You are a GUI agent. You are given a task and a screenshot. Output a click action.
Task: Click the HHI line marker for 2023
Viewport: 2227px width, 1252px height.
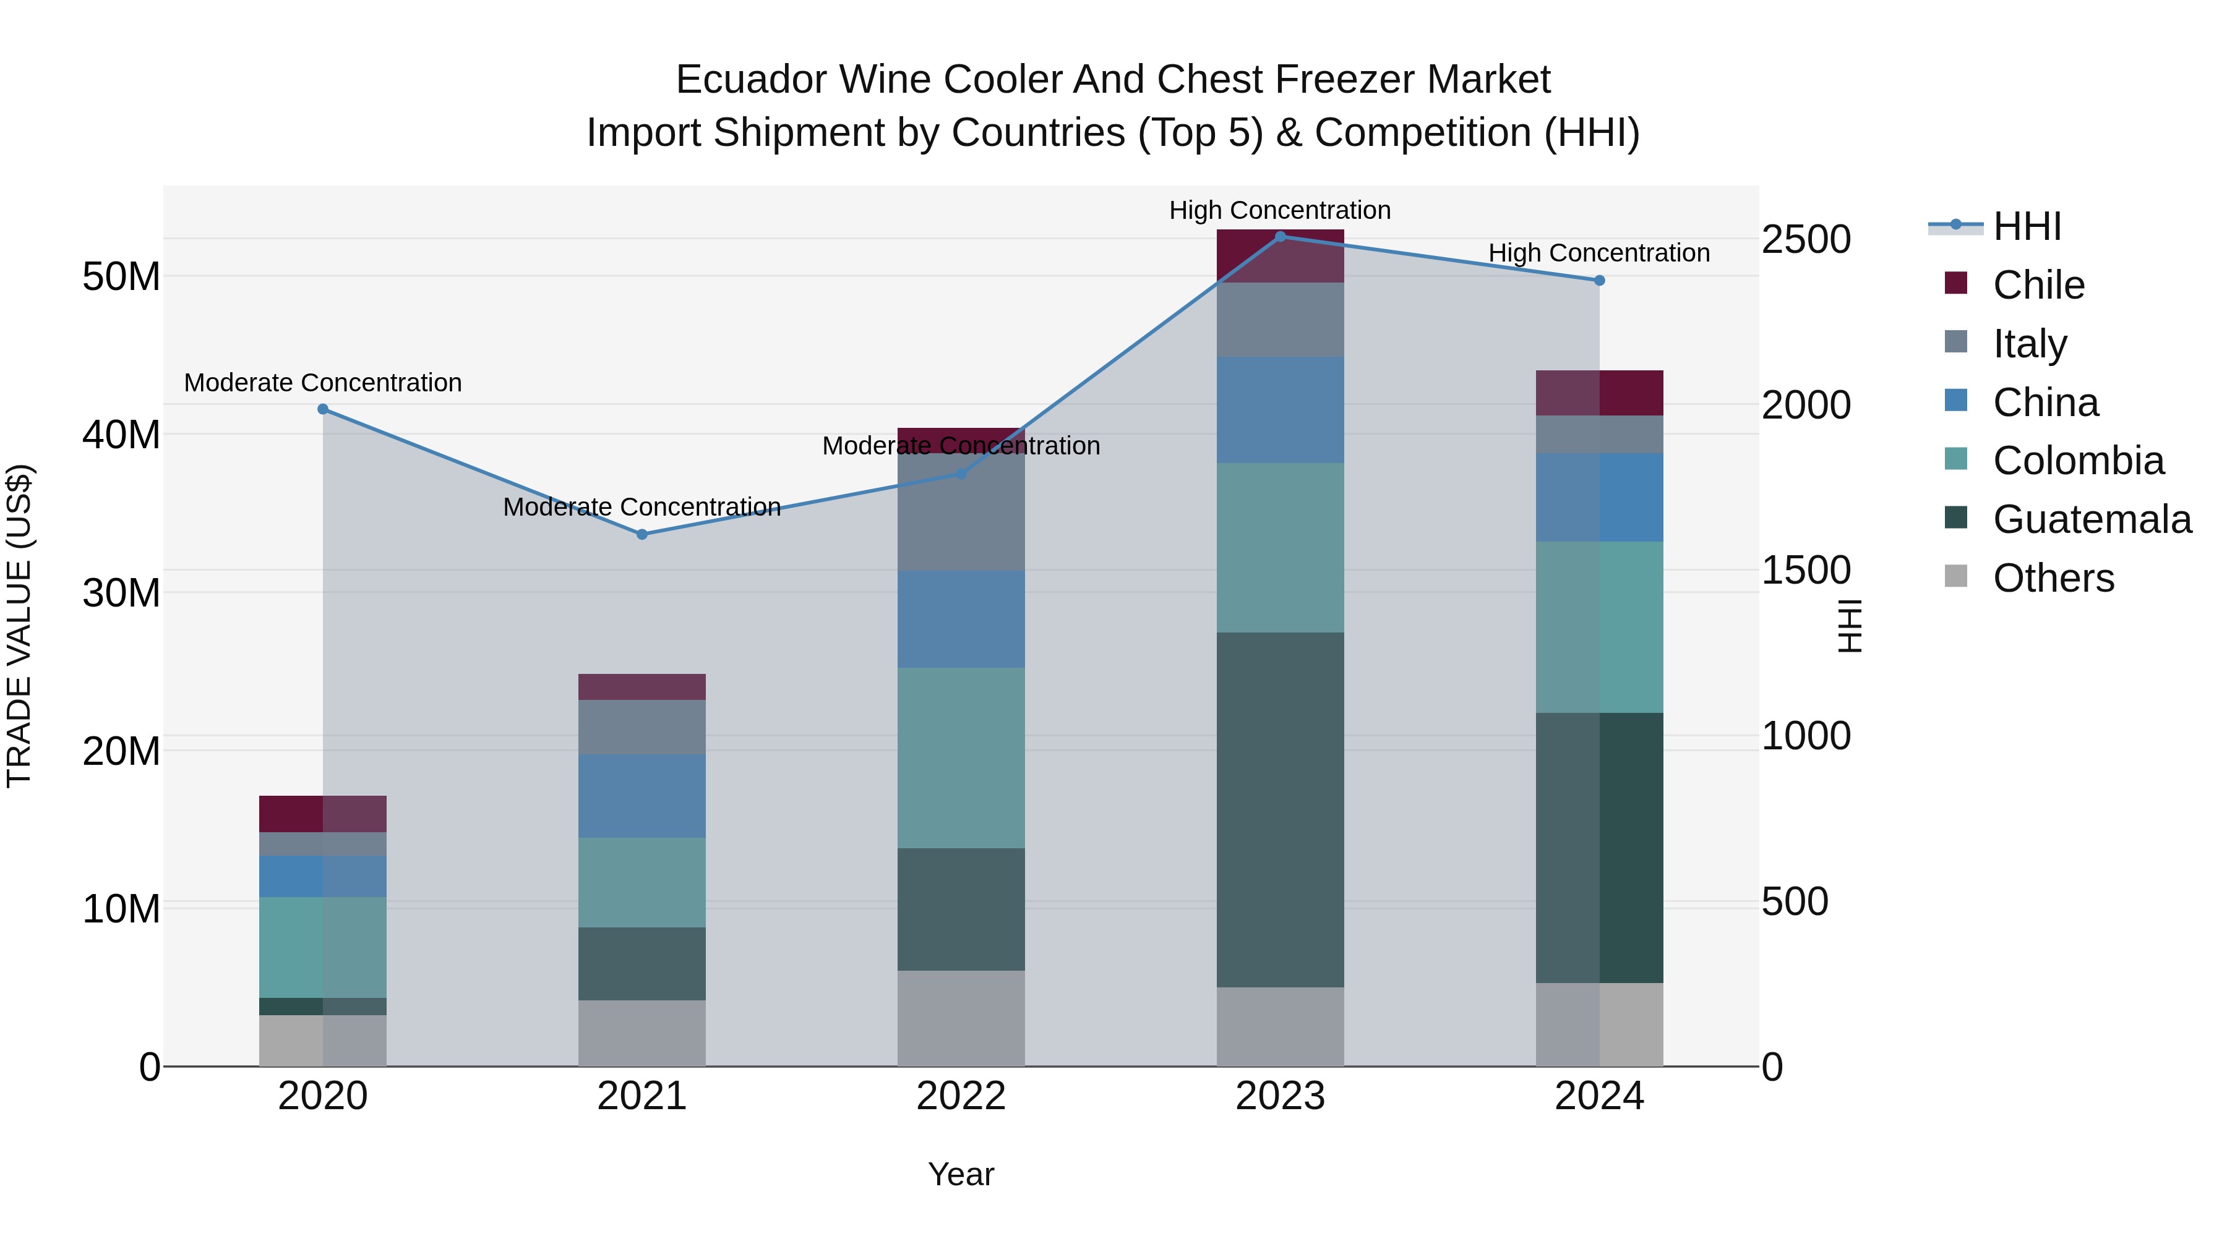tap(1281, 236)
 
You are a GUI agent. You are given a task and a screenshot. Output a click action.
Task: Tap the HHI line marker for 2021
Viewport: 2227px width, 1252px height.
tap(641, 535)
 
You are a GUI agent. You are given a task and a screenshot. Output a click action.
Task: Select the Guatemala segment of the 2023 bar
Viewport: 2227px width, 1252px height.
tap(1281, 809)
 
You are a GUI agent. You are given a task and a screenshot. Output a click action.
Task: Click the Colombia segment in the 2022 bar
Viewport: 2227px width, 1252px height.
tap(961, 758)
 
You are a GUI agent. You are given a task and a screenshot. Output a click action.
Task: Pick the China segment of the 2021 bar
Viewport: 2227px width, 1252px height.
tap(641, 796)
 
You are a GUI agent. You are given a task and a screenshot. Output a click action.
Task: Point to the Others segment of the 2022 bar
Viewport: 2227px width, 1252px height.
tap(961, 1018)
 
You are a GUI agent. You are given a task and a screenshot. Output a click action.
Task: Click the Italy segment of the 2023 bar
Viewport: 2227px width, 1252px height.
tap(1281, 320)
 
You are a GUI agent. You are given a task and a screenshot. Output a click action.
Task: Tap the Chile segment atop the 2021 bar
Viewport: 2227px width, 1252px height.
tap(641, 687)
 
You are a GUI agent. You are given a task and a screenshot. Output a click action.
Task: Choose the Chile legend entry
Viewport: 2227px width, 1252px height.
tap(2038, 285)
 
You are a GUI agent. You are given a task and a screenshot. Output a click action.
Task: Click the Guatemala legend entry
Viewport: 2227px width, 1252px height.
tap(2092, 519)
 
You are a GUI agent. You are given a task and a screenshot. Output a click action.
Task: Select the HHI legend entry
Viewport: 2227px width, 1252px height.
tap(2027, 226)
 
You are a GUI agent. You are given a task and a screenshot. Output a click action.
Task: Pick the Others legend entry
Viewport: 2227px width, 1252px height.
tap(2053, 578)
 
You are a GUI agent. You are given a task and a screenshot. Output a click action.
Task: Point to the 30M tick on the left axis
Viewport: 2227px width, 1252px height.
tap(121, 594)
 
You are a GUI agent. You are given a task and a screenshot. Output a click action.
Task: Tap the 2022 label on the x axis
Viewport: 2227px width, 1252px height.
tap(961, 1096)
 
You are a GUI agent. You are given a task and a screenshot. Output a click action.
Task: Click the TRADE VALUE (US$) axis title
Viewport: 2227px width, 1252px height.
tap(19, 626)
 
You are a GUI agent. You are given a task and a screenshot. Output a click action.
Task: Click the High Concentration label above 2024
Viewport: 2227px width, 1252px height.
tap(1598, 253)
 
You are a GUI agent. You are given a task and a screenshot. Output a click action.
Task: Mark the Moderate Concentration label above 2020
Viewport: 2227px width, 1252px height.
tap(322, 383)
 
